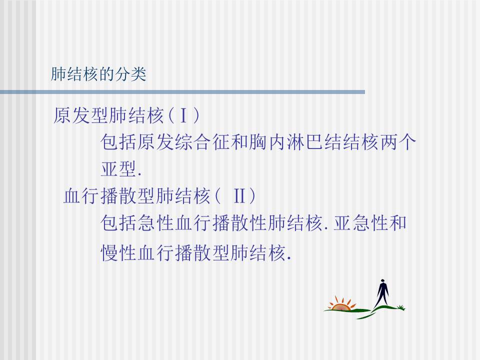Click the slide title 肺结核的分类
98,74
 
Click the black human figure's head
382,281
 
